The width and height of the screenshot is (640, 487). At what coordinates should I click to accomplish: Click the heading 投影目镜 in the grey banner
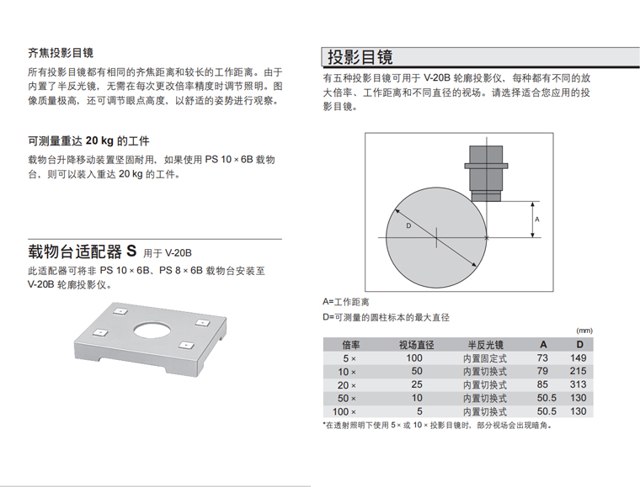tap(360, 57)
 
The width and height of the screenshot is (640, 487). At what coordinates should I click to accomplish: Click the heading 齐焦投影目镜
tap(61, 53)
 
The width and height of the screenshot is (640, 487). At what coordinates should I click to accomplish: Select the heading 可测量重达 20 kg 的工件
tap(88, 141)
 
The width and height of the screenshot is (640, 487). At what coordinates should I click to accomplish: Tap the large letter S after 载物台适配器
tap(131, 251)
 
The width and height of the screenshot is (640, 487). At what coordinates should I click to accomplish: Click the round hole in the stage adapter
tap(152, 330)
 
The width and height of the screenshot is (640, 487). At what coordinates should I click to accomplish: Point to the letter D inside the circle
tap(408, 225)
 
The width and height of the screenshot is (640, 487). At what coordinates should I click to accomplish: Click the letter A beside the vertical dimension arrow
tap(537, 220)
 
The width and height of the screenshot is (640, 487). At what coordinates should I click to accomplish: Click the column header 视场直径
tap(416, 345)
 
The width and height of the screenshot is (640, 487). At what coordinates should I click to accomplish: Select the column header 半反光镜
tap(485, 345)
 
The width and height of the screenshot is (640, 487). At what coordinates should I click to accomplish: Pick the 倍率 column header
tap(351, 345)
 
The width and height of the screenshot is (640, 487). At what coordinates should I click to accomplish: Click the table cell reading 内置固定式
tap(485, 358)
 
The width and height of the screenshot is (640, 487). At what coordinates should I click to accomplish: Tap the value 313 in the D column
tap(578, 384)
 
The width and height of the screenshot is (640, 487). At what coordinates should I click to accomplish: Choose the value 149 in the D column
tap(578, 358)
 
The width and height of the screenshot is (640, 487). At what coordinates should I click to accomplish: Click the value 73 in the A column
tap(542, 358)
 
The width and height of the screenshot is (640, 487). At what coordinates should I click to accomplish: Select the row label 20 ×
tap(347, 385)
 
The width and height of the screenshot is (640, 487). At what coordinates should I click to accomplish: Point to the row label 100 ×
tap(344, 412)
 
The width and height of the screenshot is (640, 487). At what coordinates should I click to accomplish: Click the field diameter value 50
tap(417, 371)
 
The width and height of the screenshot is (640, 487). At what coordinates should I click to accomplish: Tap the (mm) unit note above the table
tap(584, 331)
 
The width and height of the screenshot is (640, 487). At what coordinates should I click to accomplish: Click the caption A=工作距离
tap(346, 302)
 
